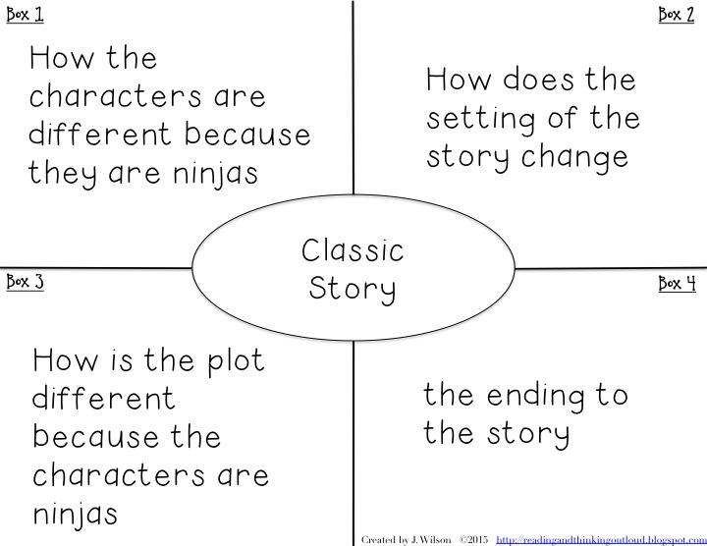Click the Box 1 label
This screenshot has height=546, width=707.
coord(25,16)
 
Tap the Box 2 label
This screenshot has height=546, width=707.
coord(677,15)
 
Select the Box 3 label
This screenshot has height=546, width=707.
coord(25,283)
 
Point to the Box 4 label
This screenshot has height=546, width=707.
coord(677,284)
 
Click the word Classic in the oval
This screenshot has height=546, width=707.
coord(353,250)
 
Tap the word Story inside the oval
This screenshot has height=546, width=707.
coord(353,290)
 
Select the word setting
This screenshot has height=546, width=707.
coord(482,120)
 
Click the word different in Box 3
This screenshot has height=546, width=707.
coord(104,399)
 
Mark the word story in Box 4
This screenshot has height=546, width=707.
coord(527,434)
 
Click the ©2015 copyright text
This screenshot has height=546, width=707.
coord(472,539)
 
